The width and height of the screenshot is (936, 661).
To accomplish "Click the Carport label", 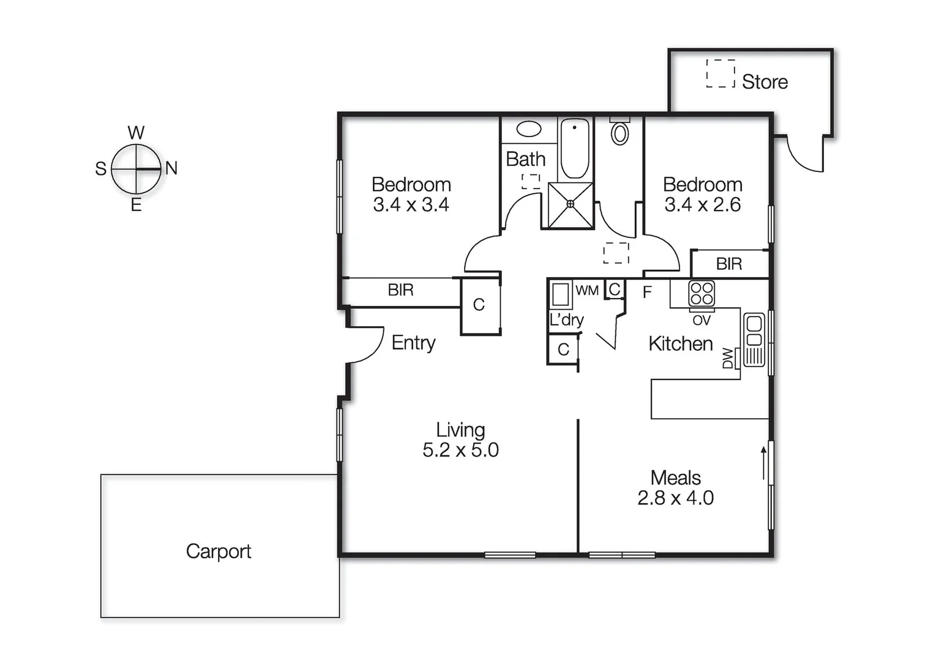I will [219, 551].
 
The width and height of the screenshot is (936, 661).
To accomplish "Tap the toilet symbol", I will [620, 132].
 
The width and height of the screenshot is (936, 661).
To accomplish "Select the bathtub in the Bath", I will [574, 149].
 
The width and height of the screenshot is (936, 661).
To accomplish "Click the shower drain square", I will [570, 204].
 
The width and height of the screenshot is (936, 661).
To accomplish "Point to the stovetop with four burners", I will [701, 293].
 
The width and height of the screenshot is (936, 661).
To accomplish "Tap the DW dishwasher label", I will [727, 358].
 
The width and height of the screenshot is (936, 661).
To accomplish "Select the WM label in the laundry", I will [587, 291].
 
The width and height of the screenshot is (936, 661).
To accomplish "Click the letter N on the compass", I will [171, 168].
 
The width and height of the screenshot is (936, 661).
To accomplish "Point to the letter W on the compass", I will [136, 133].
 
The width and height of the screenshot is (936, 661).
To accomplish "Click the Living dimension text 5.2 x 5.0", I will [460, 450].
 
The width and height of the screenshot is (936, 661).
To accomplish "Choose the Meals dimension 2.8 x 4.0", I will [675, 498].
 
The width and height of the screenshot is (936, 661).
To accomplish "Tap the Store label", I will [765, 82].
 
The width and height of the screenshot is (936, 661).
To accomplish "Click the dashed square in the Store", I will [721, 73].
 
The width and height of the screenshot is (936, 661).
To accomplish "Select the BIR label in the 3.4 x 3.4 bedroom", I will [400, 290].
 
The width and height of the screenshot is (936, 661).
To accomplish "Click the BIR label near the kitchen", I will [728, 264].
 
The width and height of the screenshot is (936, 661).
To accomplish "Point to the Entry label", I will [413, 343].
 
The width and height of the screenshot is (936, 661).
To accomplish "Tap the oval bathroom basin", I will [529, 129].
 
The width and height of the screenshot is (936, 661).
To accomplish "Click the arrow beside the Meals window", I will [763, 463].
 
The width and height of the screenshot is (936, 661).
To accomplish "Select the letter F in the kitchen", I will [647, 293].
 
